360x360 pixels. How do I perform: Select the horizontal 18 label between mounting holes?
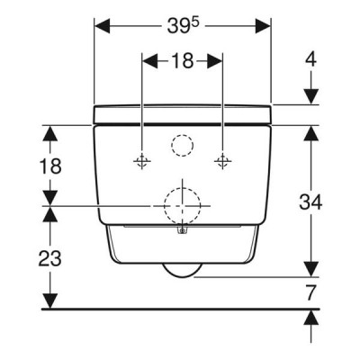pyautogui.click(x=182, y=60)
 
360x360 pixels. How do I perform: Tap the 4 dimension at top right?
pyautogui.click(x=310, y=59)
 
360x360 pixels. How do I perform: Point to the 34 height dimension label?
pyautogui.click(x=310, y=202)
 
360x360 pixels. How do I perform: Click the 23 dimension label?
pyautogui.click(x=49, y=258)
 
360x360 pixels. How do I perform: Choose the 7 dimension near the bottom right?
pyautogui.click(x=311, y=292)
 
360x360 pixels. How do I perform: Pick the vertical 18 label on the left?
pyautogui.click(x=50, y=166)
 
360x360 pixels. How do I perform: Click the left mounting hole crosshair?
pyautogui.click(x=142, y=161)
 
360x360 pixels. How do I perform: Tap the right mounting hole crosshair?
pyautogui.click(x=222, y=161)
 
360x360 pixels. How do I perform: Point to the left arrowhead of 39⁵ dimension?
pyautogui.click(x=102, y=26)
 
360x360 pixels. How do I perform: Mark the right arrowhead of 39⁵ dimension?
pyautogui.click(x=263, y=26)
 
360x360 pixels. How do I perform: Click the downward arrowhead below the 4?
pyautogui.click(x=310, y=96)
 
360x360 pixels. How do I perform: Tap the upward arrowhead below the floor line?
pyautogui.click(x=310, y=318)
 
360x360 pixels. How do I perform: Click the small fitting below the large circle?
pyautogui.click(x=182, y=230)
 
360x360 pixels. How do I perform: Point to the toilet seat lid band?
pyautogui.click(x=183, y=114)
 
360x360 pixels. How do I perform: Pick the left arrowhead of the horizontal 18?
pyautogui.click(x=149, y=60)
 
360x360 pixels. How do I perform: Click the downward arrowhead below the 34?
pyautogui.click(x=310, y=269)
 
